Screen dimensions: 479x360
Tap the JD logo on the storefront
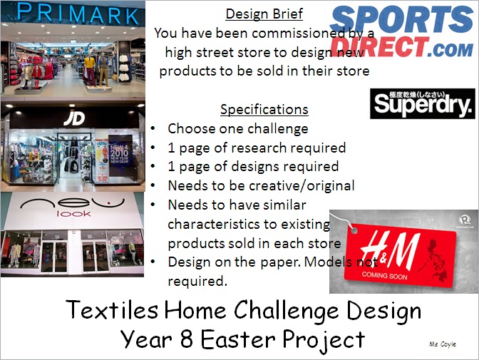click(x=74, y=118)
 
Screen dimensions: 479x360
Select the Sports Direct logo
click(x=402, y=31)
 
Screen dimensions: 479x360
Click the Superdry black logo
click(x=423, y=103)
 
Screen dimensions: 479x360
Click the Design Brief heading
click(x=264, y=14)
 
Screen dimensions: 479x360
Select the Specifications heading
click(x=264, y=109)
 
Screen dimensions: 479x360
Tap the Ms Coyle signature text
click(x=443, y=344)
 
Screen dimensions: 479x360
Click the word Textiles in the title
click(x=112, y=310)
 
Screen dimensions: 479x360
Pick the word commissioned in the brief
click(x=294, y=33)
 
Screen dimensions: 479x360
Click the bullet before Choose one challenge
click(x=153, y=128)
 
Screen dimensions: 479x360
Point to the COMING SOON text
click(x=385, y=276)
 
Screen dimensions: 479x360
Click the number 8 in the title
click(x=186, y=339)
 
